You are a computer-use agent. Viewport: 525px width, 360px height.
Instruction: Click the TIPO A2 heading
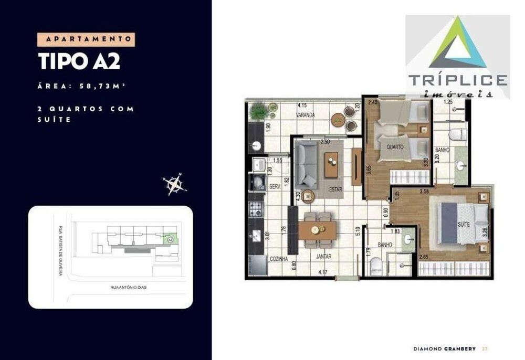point(79,61)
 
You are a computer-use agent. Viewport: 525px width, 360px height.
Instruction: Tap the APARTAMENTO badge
point(86,39)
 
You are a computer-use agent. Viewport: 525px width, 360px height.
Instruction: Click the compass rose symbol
point(174,183)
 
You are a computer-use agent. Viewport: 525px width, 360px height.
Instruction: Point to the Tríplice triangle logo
point(457,43)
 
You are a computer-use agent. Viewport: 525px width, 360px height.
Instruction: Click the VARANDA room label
point(305,114)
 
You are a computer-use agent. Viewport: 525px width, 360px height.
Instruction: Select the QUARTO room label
point(395,147)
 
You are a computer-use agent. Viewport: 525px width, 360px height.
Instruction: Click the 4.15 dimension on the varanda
point(301,105)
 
